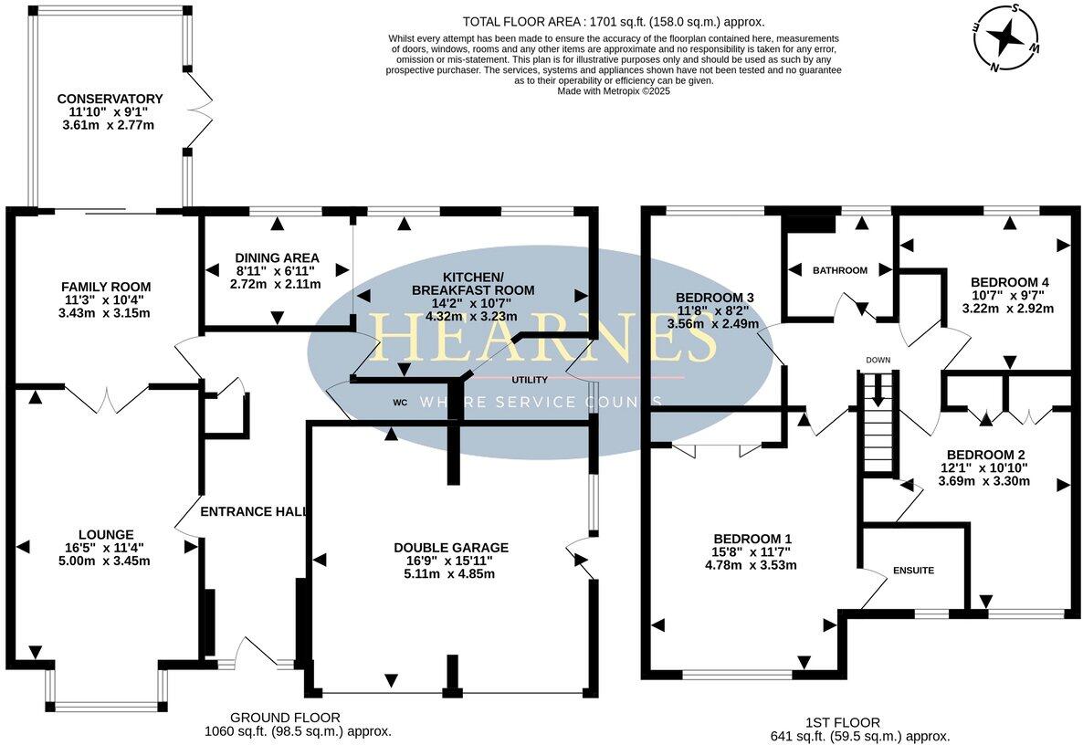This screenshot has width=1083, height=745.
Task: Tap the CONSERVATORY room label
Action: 110,99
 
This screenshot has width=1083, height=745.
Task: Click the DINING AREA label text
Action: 276,257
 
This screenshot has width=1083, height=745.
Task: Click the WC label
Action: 399,402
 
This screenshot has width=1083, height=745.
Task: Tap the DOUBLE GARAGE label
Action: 450,548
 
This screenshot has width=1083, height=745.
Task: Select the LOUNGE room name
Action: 106,534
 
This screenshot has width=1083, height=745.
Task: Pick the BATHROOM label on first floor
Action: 839,270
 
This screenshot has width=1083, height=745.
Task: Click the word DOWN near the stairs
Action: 878,361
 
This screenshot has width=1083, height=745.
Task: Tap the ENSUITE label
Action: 914,571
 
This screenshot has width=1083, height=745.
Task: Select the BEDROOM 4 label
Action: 1009,282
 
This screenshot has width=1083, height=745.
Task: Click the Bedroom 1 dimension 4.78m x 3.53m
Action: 751,565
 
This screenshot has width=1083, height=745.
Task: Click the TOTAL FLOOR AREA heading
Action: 613,21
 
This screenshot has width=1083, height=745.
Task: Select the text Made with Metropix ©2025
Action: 613,91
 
